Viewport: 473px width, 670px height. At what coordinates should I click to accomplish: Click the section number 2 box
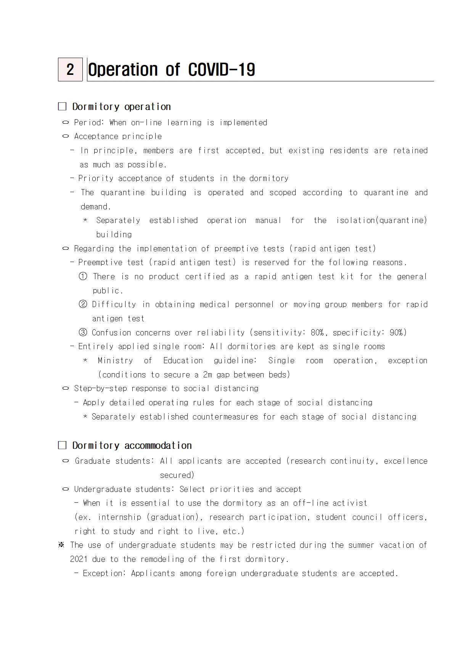pyautogui.click(x=70, y=70)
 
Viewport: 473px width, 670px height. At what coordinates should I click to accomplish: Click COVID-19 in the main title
pyautogui.click(x=222, y=70)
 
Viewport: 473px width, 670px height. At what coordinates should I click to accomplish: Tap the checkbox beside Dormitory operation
pyautogui.click(x=62, y=107)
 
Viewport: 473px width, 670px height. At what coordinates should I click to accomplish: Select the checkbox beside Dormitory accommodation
pyautogui.click(x=62, y=445)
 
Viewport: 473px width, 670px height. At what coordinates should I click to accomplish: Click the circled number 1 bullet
pyautogui.click(x=83, y=277)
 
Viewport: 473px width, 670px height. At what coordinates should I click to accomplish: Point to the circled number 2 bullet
pyautogui.click(x=83, y=304)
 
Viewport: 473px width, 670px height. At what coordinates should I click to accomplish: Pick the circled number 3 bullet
pyautogui.click(x=83, y=333)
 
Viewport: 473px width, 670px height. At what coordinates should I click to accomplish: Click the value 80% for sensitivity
pyautogui.click(x=317, y=333)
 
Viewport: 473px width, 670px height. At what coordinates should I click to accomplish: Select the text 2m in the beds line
pyautogui.click(x=207, y=375)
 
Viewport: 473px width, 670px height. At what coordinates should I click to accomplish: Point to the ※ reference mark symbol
pyautogui.click(x=61, y=545)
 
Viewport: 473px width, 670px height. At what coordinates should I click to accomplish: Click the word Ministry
pyautogui.click(x=115, y=361)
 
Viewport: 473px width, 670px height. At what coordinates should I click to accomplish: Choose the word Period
pyautogui.click(x=88, y=123)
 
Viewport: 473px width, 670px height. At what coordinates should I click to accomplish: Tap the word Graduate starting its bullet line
pyautogui.click(x=93, y=461)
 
